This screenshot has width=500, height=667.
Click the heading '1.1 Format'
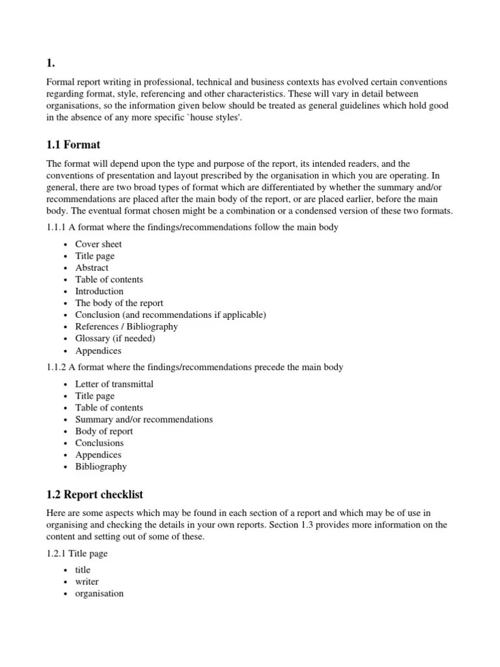click(73, 144)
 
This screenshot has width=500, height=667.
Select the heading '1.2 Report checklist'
click(94, 494)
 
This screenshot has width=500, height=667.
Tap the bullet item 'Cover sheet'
click(98, 244)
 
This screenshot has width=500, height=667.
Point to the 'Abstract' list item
click(92, 268)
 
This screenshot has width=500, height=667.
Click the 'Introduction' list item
click(99, 291)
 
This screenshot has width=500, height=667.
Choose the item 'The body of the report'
click(119, 303)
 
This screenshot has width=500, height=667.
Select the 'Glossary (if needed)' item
click(115, 338)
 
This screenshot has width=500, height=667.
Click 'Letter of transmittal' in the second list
click(114, 384)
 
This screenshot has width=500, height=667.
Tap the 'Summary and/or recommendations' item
click(144, 419)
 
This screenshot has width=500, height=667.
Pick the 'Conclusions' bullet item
click(99, 443)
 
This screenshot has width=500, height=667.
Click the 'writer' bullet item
click(87, 582)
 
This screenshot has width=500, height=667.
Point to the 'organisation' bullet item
click(99, 593)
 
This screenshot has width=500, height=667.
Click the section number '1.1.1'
click(57, 228)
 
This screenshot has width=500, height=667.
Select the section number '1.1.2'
click(57, 367)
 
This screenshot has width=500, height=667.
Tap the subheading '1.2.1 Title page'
click(77, 554)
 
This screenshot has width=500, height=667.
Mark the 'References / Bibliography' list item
click(126, 326)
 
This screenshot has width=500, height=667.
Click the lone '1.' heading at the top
click(50, 63)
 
